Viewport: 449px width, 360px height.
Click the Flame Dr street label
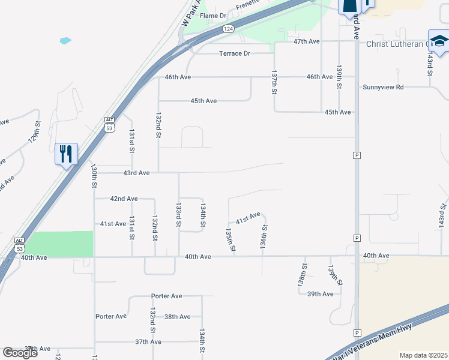tap(213, 16)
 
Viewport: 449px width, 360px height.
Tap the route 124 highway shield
tap(228, 29)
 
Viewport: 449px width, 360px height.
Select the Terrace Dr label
tap(234, 53)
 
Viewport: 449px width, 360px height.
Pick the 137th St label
tap(274, 83)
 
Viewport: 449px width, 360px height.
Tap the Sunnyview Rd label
tap(383, 87)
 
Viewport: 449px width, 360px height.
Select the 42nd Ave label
tap(124, 199)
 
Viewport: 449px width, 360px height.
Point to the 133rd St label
tap(178, 214)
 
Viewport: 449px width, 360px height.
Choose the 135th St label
tap(229, 240)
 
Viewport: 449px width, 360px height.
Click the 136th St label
tap(264, 237)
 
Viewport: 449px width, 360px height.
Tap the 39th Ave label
tap(320, 294)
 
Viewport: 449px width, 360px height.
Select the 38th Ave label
tap(177, 317)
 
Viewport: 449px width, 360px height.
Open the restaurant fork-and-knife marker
tap(66, 154)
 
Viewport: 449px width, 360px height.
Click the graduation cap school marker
tap(439, 41)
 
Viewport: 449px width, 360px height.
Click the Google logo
tap(19, 353)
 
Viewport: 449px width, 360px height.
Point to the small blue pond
tap(65, 41)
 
